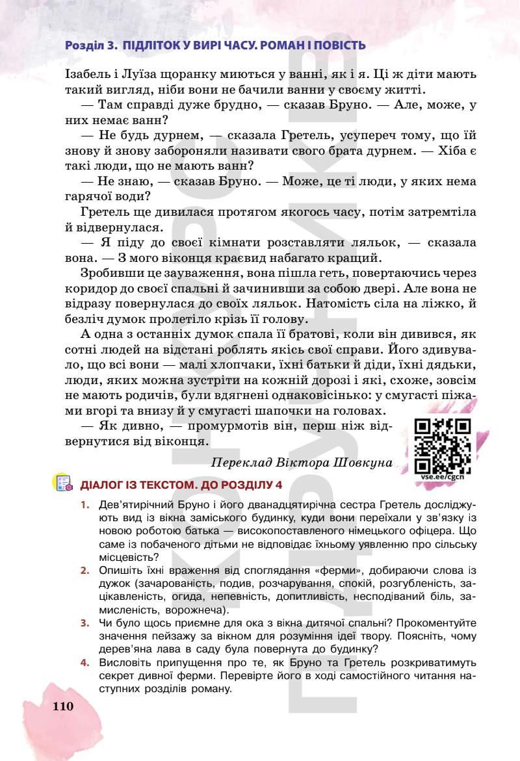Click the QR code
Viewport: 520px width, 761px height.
[442, 446]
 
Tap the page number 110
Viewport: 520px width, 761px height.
[64, 706]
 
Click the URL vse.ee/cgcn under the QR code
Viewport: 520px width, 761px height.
[442, 477]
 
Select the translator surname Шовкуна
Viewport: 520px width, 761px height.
[364, 463]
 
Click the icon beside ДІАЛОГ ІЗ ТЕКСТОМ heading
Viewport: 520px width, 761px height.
[63, 484]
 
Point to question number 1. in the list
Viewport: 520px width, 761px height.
[85, 504]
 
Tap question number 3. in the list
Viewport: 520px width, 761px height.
[85, 623]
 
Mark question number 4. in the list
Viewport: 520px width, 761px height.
[85, 663]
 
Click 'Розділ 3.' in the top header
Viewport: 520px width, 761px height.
[90, 45]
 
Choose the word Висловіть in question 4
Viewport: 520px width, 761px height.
[125, 663]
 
